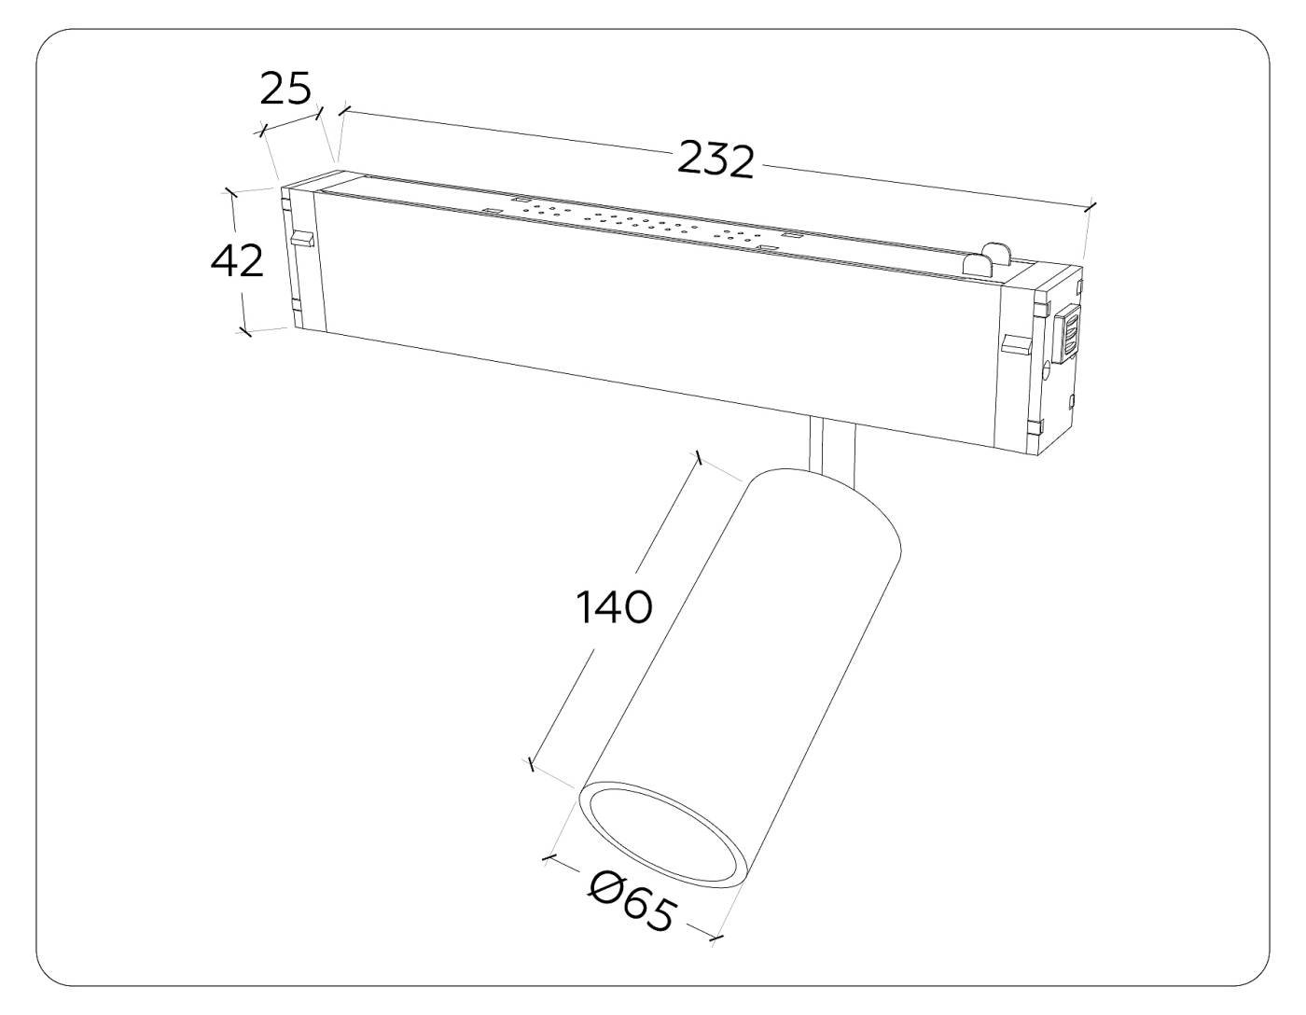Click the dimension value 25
(x=285, y=89)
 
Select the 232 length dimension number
(x=715, y=160)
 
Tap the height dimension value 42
(x=237, y=260)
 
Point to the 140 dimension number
(x=612, y=607)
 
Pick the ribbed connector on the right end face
(x=1068, y=334)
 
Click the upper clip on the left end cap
(x=300, y=240)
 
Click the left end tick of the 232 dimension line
(x=343, y=111)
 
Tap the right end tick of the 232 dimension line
(x=1091, y=207)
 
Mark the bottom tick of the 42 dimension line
(x=245, y=330)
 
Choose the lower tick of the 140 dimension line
(x=530, y=765)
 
